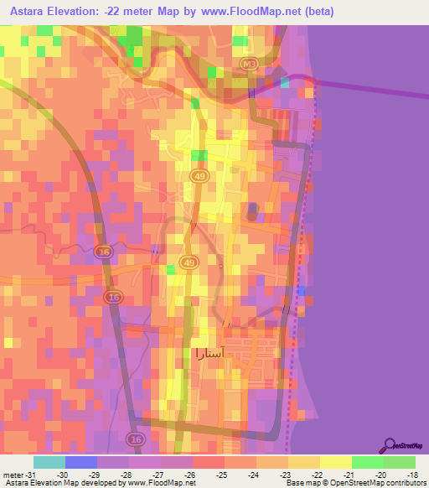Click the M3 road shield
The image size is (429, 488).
[x=248, y=63]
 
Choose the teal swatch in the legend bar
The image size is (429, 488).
[x=49, y=462]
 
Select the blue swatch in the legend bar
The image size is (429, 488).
[x=80, y=462]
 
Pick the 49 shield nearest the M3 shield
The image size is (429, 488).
[x=199, y=175]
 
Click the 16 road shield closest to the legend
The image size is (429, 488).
[x=134, y=439]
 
